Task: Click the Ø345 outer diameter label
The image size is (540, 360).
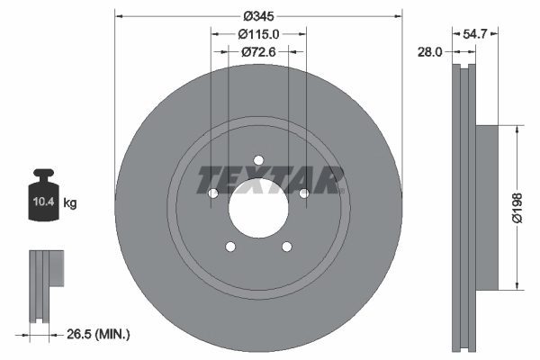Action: point(258,15)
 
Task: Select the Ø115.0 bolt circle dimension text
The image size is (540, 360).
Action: point(258,34)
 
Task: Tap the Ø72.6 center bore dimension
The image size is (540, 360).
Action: point(258,52)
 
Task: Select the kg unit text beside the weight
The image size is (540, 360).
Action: point(70,203)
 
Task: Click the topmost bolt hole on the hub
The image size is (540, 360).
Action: point(258,160)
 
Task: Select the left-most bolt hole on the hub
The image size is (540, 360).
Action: point(213,193)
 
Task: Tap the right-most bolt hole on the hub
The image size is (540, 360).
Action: point(304,193)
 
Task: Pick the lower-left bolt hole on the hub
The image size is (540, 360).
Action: point(230,247)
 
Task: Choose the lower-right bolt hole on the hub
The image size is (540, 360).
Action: point(287,247)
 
